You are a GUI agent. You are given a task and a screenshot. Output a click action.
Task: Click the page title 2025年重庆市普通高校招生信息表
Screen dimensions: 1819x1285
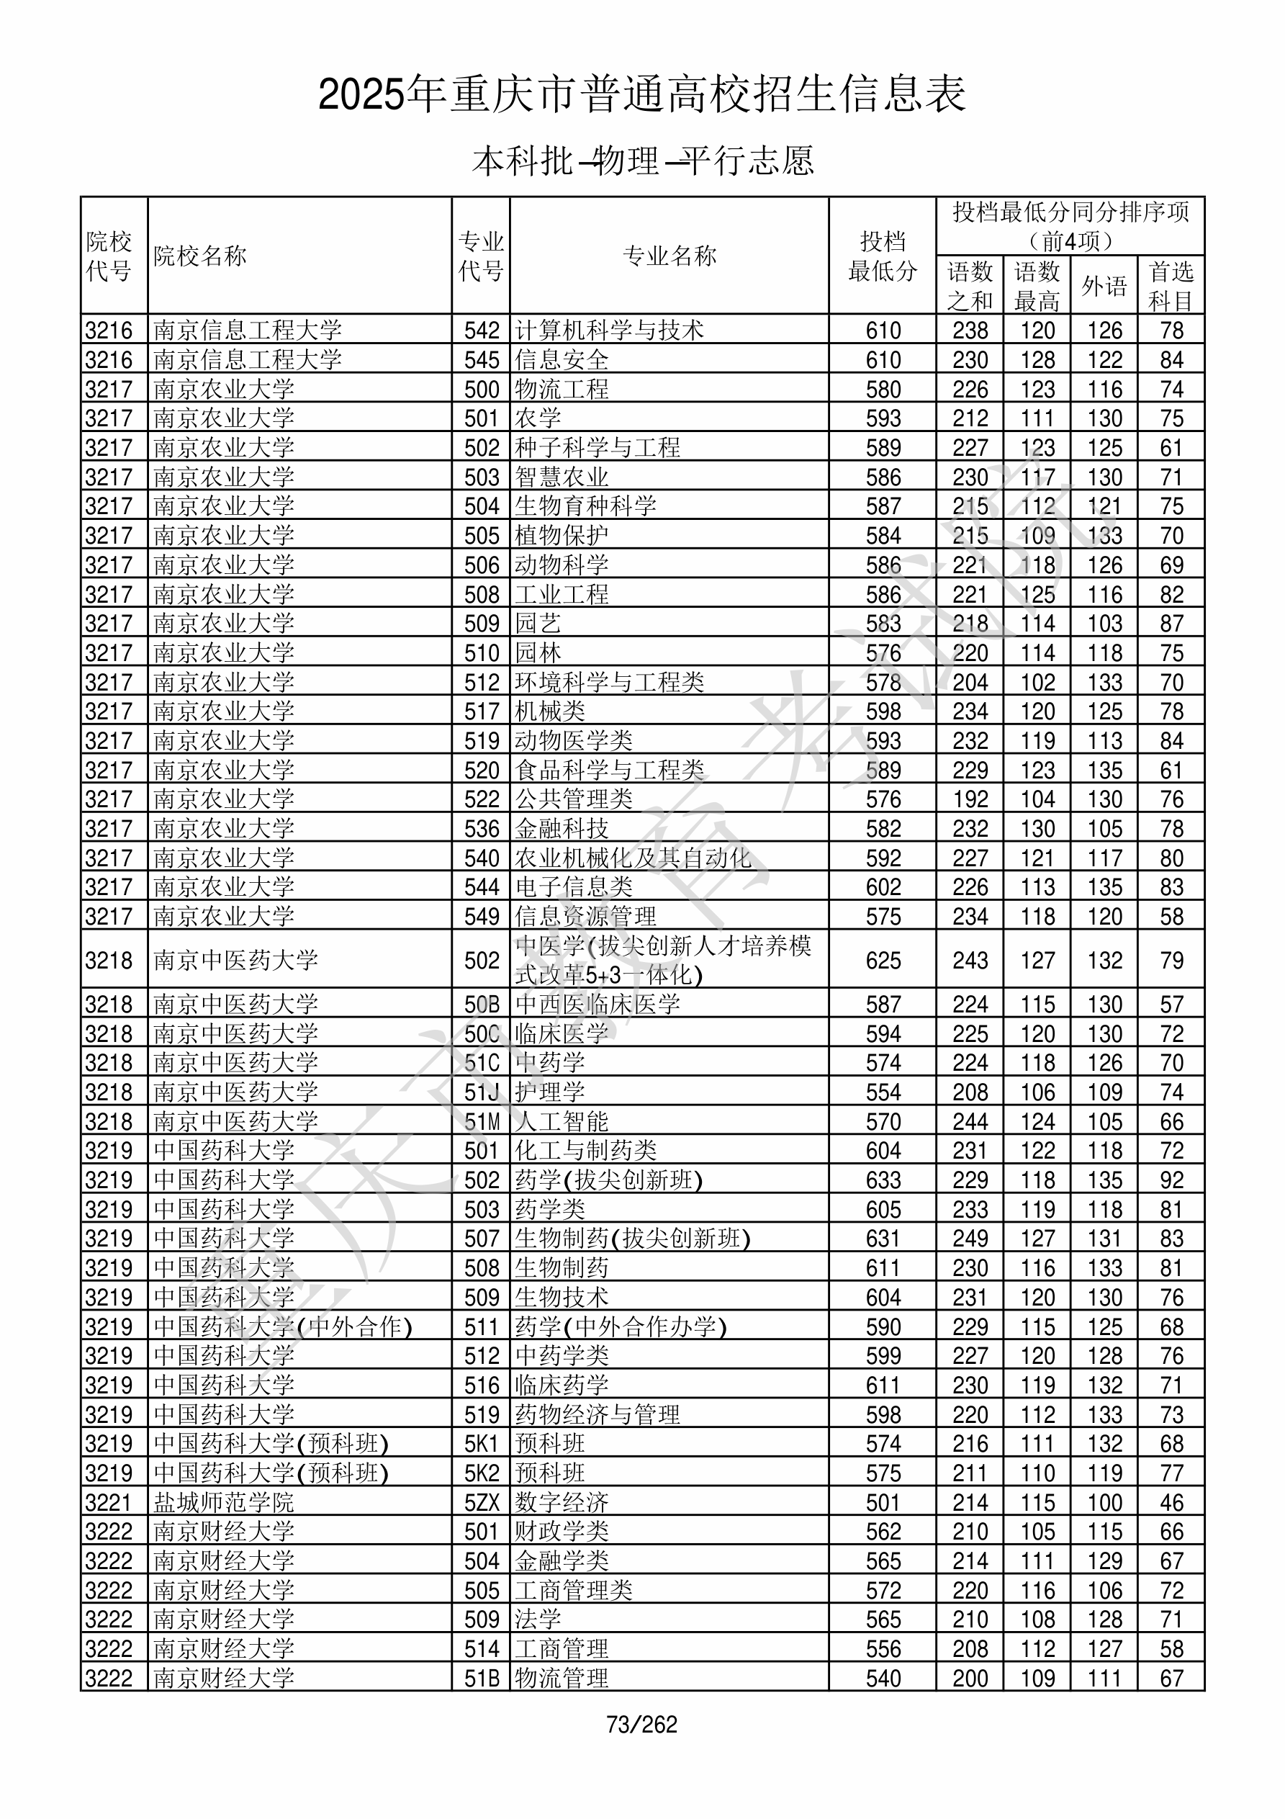pos(641,95)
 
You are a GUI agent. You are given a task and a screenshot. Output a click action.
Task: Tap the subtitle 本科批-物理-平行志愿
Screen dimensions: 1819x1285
pos(641,161)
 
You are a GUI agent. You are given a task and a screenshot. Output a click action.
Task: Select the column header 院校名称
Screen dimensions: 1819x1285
pos(200,256)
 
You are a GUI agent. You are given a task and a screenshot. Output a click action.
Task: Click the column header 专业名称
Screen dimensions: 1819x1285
pos(669,256)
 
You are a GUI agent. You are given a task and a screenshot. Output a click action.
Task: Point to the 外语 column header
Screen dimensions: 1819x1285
pos(1104,286)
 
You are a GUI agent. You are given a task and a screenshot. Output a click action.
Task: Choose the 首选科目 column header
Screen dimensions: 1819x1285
pos(1171,286)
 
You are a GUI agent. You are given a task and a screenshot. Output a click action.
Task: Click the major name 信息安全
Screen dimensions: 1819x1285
pos(562,359)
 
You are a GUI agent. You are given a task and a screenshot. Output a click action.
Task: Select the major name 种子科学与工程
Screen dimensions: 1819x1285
pos(598,448)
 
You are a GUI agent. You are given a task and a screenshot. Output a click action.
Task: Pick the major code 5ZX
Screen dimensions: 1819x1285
pos(482,1502)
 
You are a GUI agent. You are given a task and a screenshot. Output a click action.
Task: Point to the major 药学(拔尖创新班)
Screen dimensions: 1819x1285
pos(608,1180)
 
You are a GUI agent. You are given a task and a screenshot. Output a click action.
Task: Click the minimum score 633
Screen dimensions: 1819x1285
pos(883,1180)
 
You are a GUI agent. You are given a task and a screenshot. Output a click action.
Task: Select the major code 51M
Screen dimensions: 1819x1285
pos(482,1121)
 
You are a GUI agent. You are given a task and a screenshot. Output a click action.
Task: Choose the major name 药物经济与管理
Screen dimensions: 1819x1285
pos(598,1414)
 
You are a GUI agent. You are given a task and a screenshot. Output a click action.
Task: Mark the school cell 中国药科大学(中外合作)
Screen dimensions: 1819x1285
pos(283,1326)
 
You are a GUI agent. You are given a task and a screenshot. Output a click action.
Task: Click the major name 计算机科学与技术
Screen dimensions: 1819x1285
pos(609,331)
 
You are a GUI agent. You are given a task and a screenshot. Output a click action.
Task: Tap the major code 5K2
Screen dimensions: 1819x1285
pos(482,1473)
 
